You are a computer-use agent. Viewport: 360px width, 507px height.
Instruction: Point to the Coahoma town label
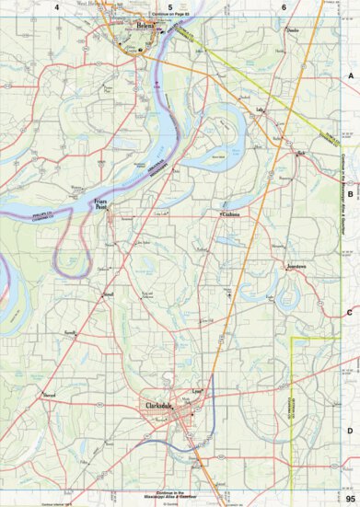229,215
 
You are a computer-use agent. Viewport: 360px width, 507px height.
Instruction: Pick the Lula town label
260,110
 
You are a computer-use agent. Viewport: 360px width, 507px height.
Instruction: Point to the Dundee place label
294,30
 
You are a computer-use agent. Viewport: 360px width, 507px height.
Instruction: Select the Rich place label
300,153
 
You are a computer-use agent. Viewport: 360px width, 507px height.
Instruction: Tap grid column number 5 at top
170,7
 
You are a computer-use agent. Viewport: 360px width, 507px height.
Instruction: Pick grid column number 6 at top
283,7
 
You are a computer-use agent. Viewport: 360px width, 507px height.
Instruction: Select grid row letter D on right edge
350,431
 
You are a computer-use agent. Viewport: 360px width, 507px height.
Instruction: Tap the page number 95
350,497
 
